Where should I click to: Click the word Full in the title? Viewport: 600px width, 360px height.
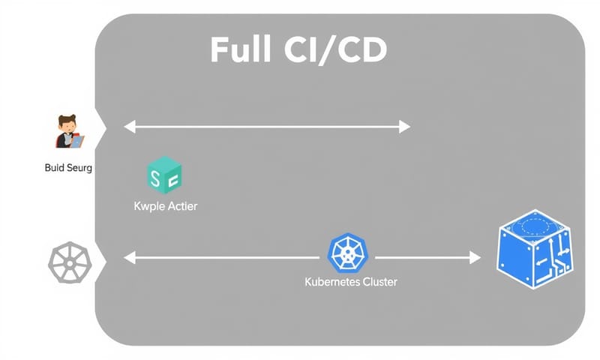coord(241,50)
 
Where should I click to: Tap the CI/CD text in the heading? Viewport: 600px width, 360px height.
coord(334,50)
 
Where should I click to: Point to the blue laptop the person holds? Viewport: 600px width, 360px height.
coord(77,139)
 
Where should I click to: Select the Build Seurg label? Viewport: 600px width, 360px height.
coord(68,168)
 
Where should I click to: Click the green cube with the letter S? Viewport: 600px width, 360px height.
coord(164,175)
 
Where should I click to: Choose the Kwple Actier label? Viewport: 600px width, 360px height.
coord(164,205)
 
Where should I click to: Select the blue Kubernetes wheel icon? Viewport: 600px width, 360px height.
coord(348,253)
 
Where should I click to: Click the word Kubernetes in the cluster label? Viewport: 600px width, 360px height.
coord(333,283)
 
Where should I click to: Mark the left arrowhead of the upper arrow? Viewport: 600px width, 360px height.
coord(129,127)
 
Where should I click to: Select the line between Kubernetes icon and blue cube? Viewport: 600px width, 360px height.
coord(420,258)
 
